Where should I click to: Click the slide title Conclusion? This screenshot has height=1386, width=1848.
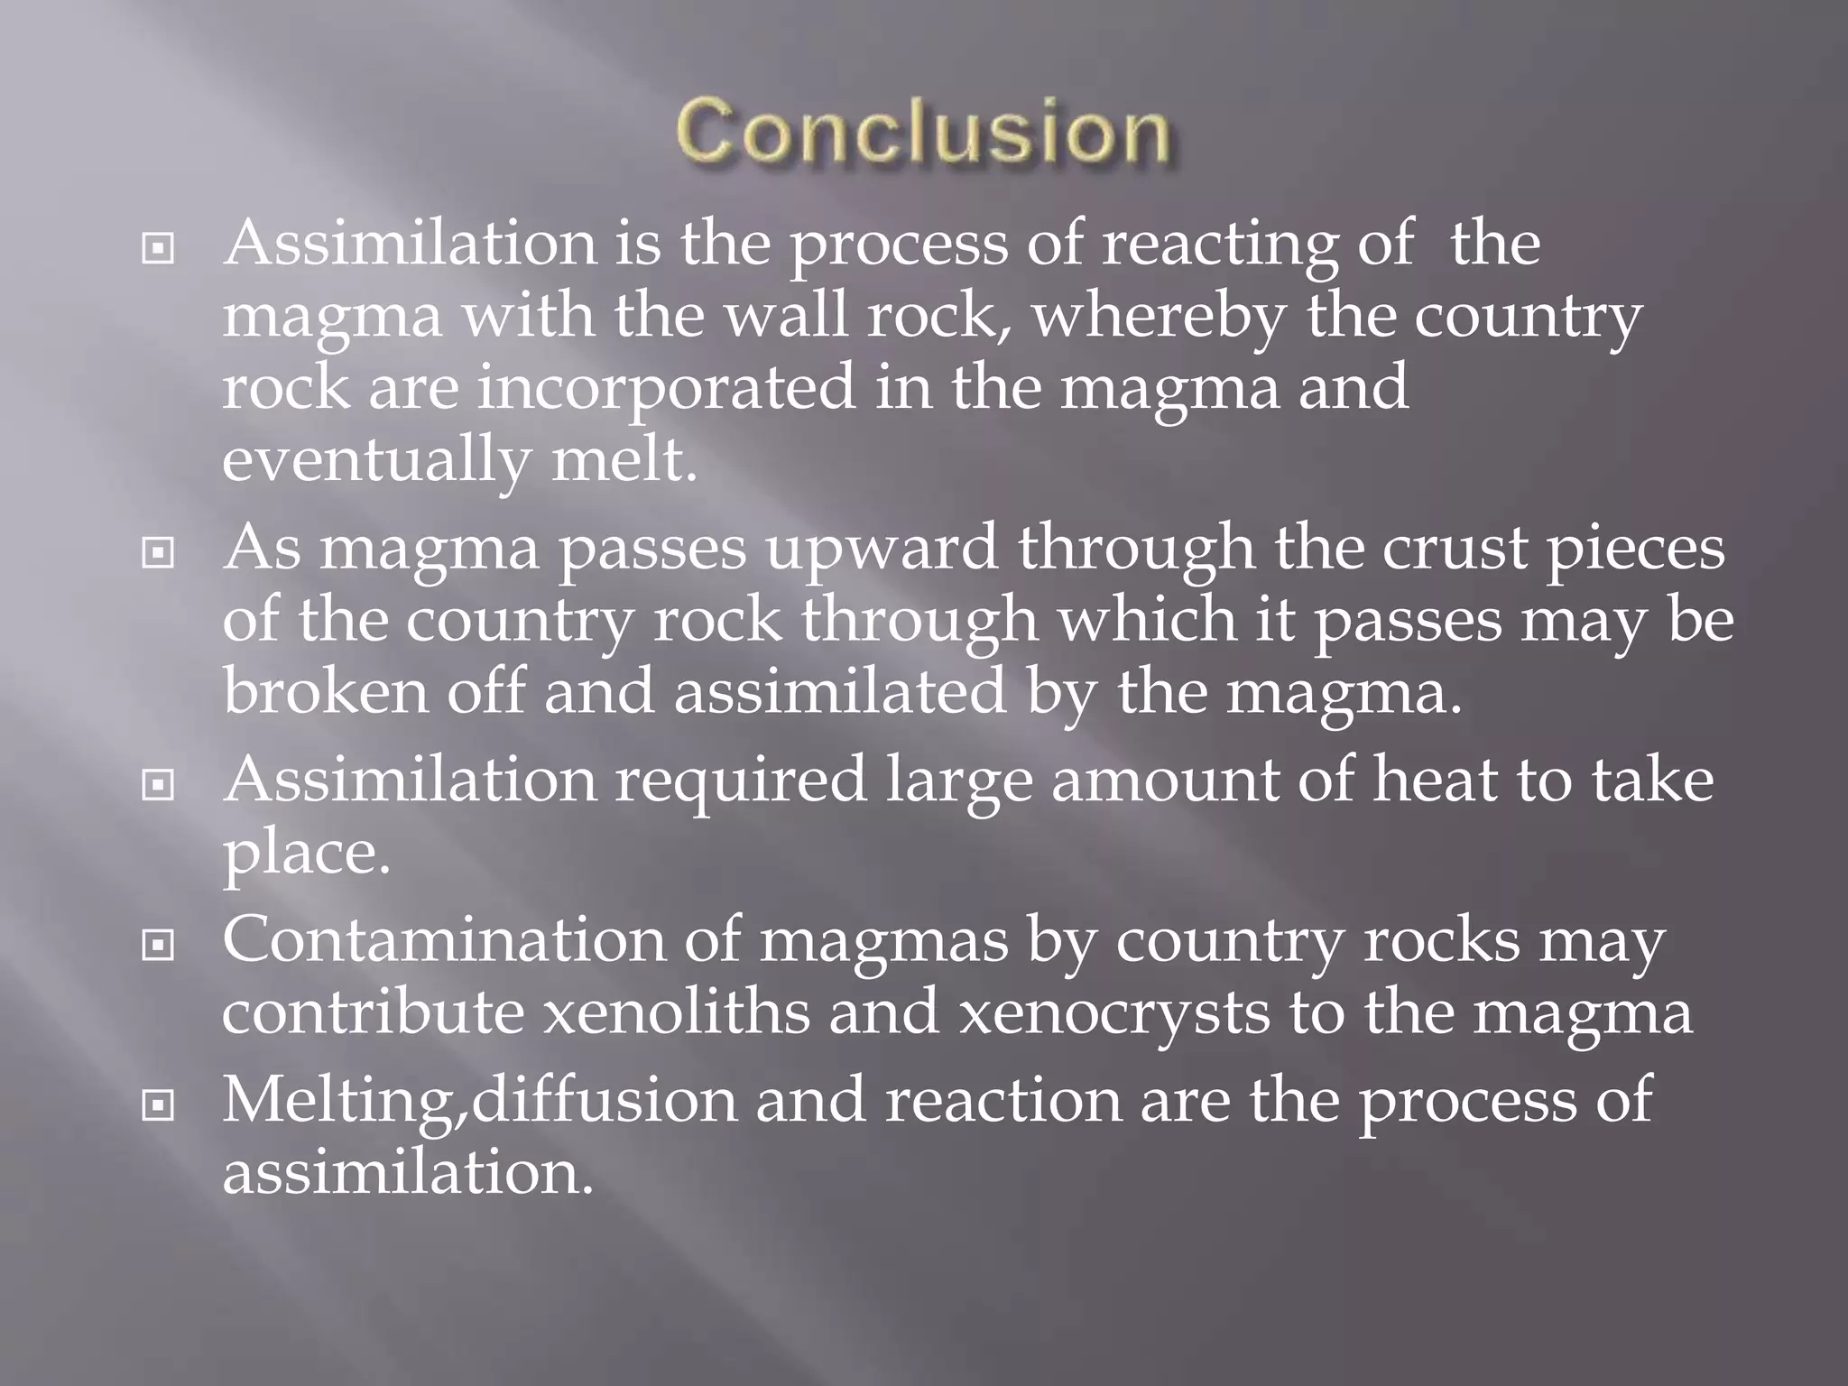tap(923, 133)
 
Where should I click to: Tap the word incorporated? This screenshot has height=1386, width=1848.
tap(665, 388)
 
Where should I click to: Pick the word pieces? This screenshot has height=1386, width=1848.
tap(1636, 550)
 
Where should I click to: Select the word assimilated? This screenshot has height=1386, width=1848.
tap(839, 691)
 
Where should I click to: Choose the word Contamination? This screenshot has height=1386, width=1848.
tap(443, 941)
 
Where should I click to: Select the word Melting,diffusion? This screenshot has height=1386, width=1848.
tap(479, 1101)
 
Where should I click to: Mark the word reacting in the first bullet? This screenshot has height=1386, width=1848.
tap(1219, 245)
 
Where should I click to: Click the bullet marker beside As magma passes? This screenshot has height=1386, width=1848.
tap(159, 552)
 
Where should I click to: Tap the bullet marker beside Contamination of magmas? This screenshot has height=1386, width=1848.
tap(159, 946)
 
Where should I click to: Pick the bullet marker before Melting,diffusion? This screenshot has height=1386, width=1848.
tap(159, 1104)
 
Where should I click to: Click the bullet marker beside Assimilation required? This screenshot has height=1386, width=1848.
tap(159, 785)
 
